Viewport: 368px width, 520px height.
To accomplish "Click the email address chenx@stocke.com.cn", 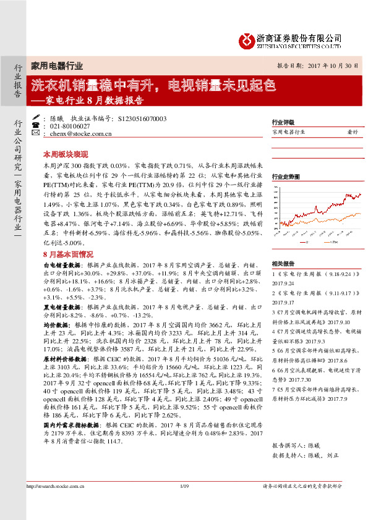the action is [x=79, y=133].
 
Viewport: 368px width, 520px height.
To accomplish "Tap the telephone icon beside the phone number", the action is [x=36, y=125].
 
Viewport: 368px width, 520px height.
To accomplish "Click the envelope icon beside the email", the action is [x=36, y=133].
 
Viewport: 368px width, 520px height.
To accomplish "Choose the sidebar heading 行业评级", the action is [x=283, y=123].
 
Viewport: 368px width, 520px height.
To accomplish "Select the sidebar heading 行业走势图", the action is [x=285, y=177].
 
